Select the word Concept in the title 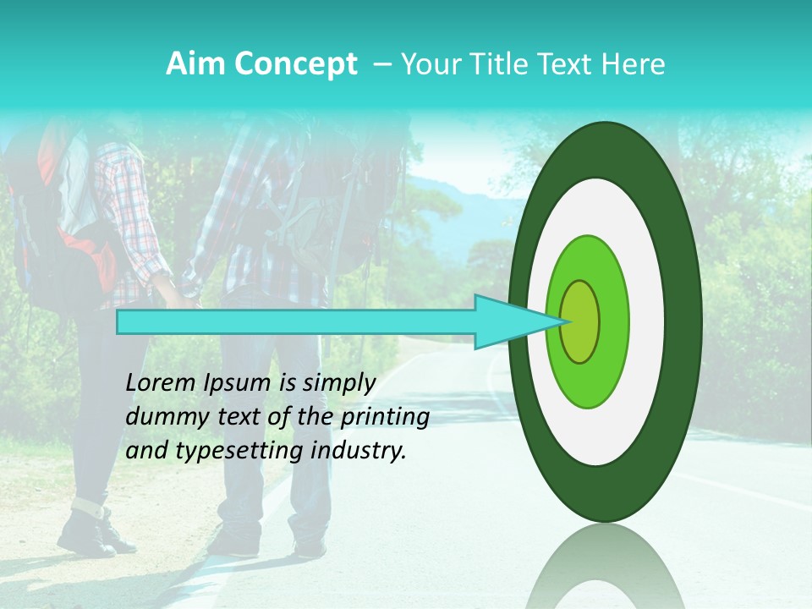(x=295, y=64)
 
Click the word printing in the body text (x=384, y=417)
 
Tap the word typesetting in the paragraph (x=242, y=451)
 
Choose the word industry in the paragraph (x=359, y=451)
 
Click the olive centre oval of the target (x=579, y=321)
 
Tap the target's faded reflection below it (x=605, y=567)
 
